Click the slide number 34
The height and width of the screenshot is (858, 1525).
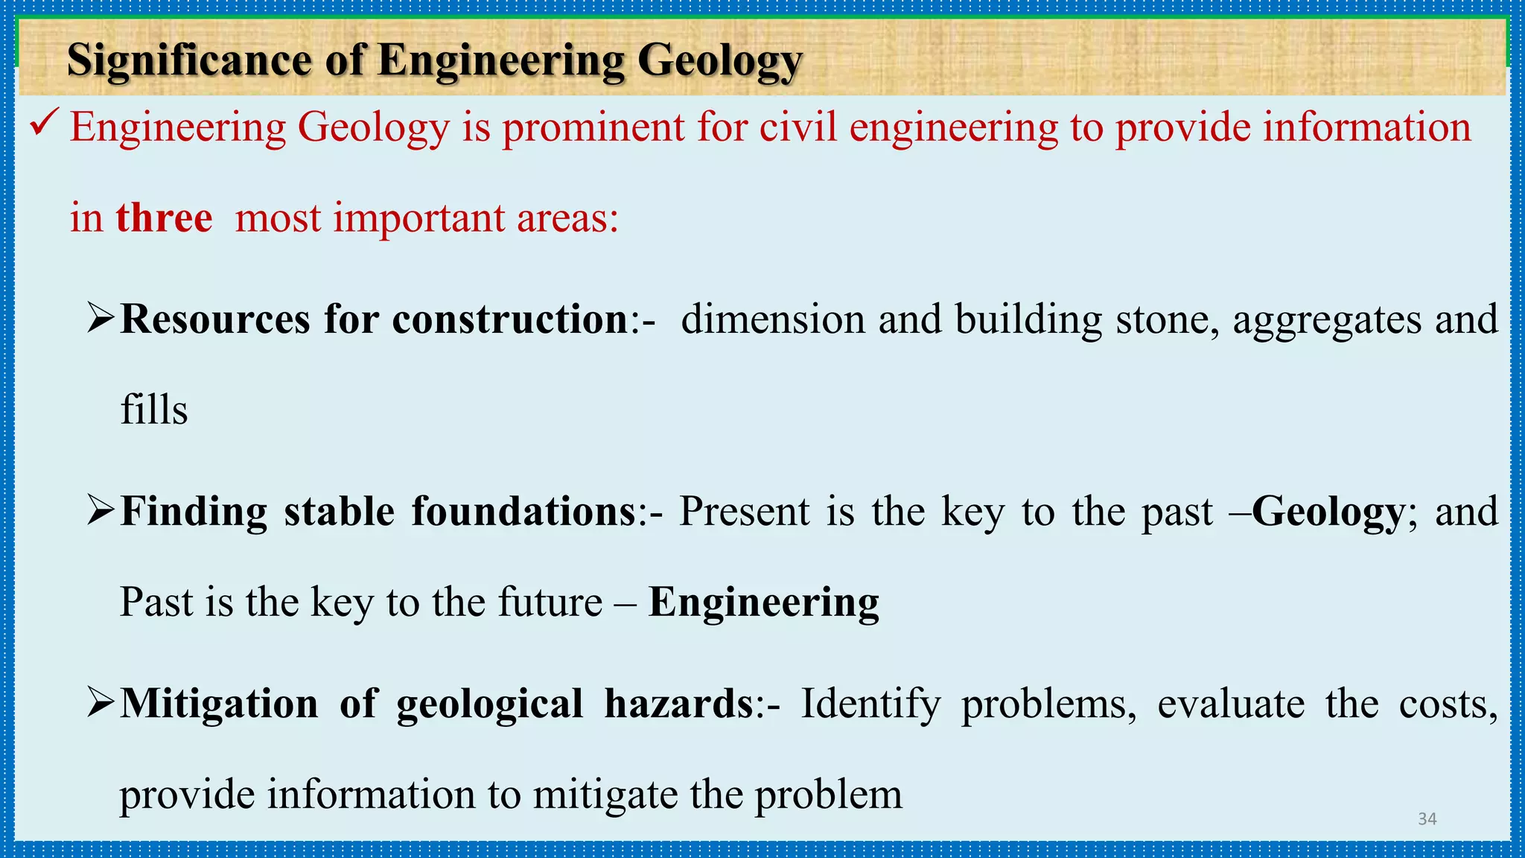click(x=1427, y=819)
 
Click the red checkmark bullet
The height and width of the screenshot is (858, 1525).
click(x=45, y=123)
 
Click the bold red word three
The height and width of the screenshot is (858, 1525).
click(x=164, y=218)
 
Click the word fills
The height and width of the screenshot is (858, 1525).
click(x=154, y=410)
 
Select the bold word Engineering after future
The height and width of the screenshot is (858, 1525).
click(x=763, y=603)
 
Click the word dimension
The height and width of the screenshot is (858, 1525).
click(x=773, y=320)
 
